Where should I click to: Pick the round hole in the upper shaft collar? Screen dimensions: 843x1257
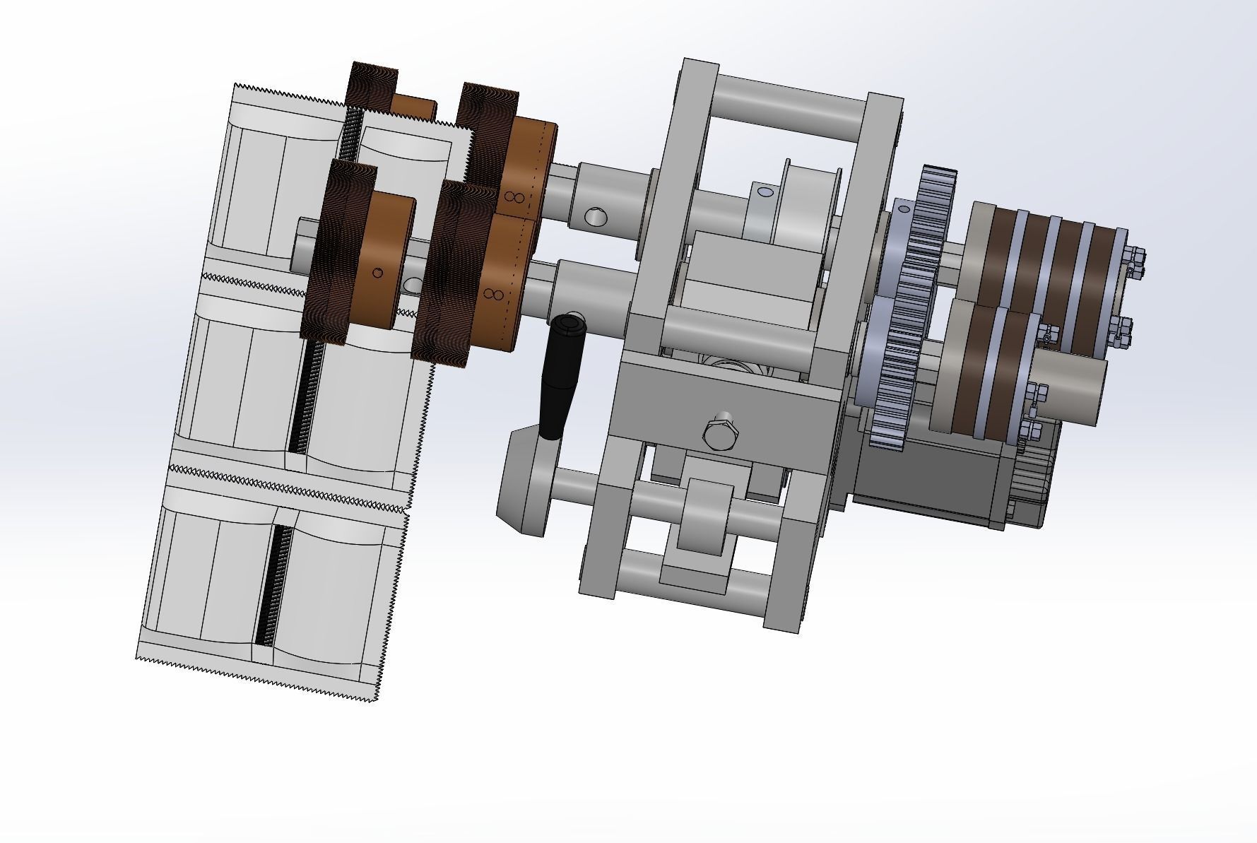[595, 216]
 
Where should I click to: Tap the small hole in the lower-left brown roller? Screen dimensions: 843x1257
[377, 273]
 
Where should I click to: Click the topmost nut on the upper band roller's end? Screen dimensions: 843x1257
[1132, 252]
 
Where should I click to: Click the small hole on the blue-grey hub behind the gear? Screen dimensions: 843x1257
[903, 209]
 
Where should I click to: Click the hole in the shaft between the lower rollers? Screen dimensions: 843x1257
[413, 285]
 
